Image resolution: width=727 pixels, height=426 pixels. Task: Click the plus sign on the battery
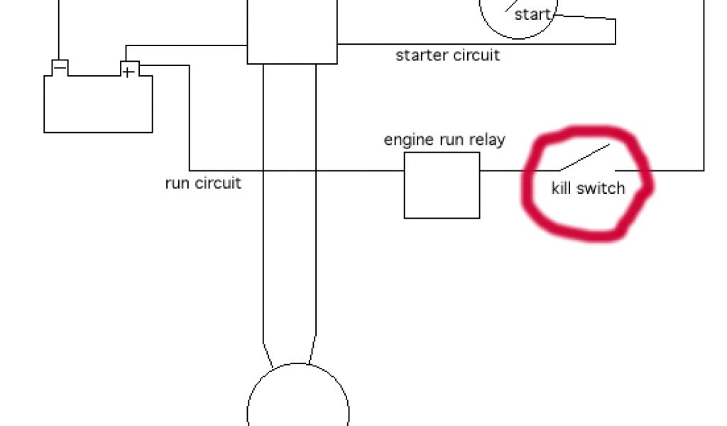[128, 72]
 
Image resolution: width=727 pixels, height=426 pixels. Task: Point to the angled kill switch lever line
[584, 157]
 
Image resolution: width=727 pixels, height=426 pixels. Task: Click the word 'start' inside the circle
[532, 14]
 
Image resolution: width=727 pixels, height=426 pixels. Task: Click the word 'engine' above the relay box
[407, 140]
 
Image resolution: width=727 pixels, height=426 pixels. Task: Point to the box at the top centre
[292, 32]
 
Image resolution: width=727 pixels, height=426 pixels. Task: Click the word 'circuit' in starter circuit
[473, 55]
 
